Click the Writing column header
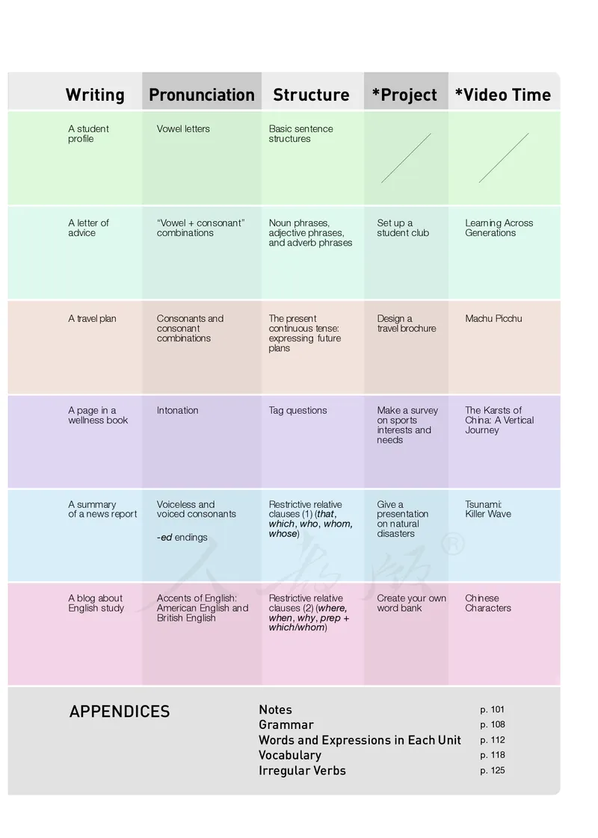click(95, 95)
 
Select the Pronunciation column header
click(202, 95)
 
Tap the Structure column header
click(311, 95)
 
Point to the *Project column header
click(404, 95)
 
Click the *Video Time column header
click(502, 95)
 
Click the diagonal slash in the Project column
click(406, 158)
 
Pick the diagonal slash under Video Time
click(504, 158)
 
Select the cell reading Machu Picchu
click(493, 318)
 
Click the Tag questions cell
click(298, 410)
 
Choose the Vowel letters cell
click(183, 128)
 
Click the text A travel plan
click(92, 318)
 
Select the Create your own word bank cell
click(411, 603)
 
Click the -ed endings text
click(182, 537)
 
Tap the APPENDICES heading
click(120, 712)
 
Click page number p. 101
click(493, 710)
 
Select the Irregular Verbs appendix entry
click(302, 771)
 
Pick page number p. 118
click(493, 755)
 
